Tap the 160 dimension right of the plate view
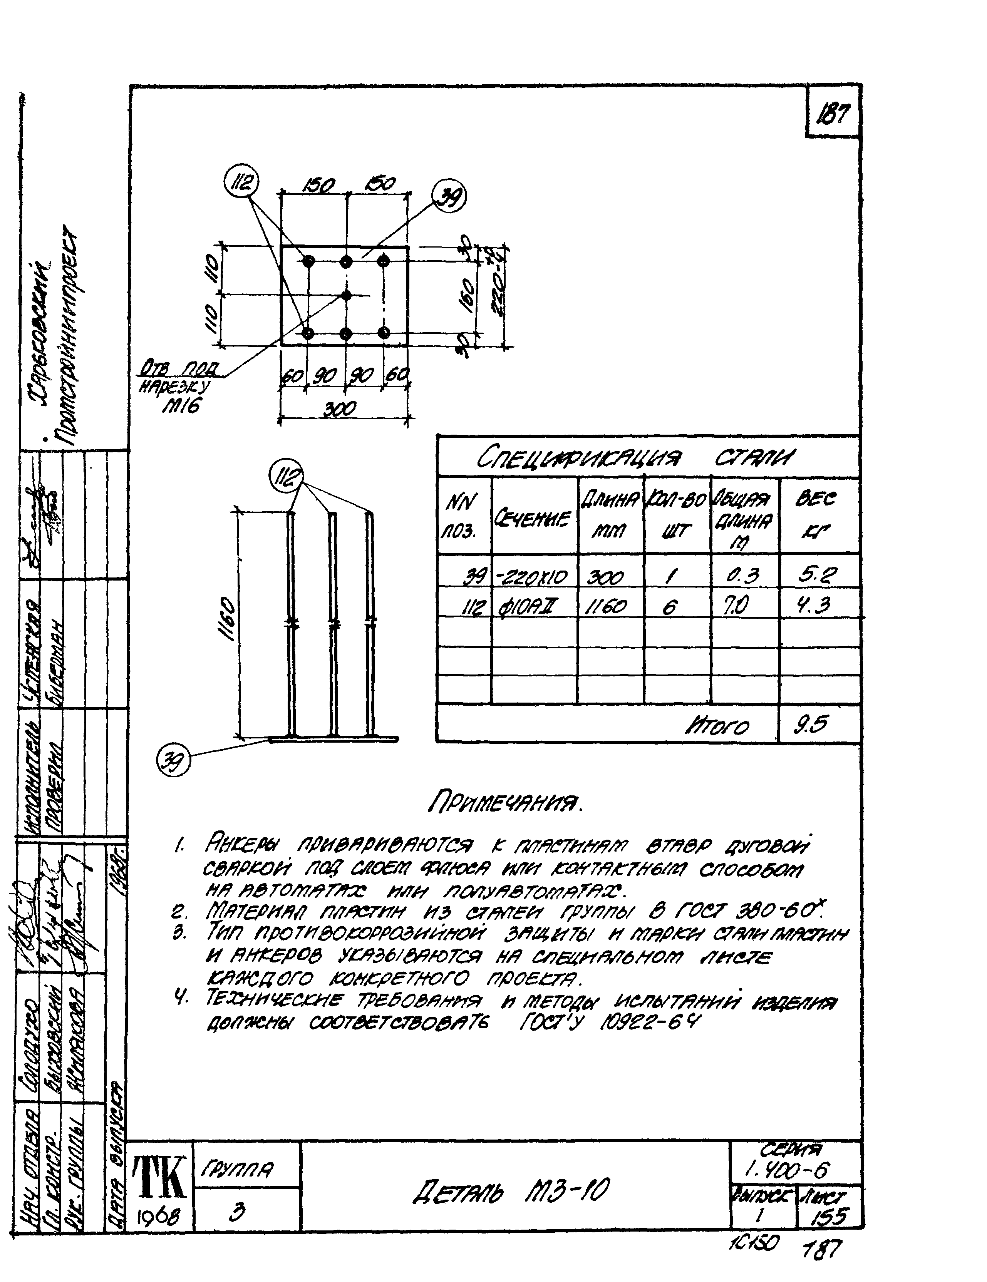click(467, 296)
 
